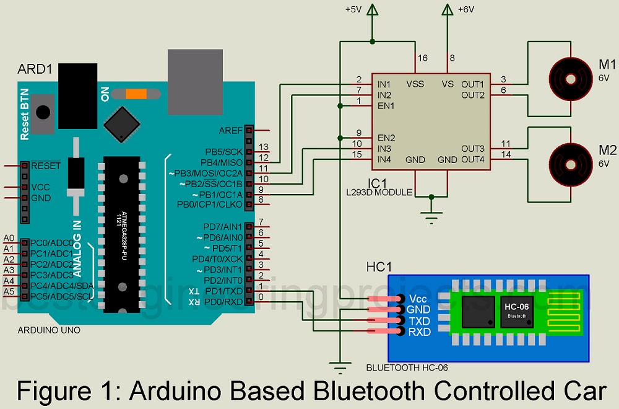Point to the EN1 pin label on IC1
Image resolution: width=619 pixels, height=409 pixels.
pos(386,106)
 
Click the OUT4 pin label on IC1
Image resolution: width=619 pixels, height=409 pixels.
pos(472,160)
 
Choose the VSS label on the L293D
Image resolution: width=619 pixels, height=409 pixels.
pos(415,84)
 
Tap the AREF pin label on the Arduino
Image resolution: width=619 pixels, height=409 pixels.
pos(231,131)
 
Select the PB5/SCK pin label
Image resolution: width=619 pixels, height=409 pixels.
pos(223,152)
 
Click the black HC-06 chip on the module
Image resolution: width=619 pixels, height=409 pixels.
pos(514,310)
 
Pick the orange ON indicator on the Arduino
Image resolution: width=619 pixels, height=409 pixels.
pos(136,95)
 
